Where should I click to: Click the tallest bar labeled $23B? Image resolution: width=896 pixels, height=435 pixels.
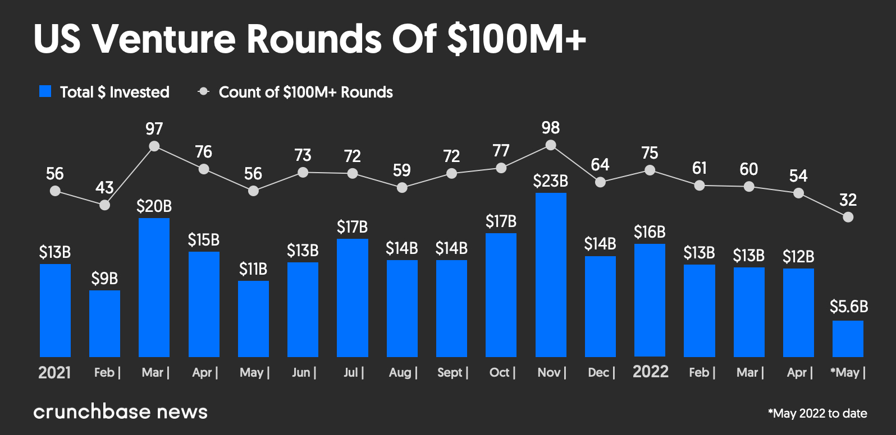click(x=551, y=275)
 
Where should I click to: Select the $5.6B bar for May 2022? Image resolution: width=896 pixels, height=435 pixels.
click(x=848, y=339)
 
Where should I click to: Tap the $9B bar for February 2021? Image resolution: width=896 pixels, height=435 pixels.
click(x=104, y=323)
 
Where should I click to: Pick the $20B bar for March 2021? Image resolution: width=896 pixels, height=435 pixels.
click(x=154, y=287)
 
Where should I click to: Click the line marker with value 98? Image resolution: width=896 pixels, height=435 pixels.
click(x=551, y=145)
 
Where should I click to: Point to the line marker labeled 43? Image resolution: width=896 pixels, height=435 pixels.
click(x=104, y=205)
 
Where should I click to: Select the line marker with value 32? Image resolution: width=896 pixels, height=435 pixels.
click(x=848, y=217)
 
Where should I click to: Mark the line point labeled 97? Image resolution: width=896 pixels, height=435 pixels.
click(x=154, y=146)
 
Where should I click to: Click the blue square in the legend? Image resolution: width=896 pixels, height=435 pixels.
click(x=45, y=91)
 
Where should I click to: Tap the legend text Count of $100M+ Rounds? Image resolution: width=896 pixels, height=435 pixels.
click(x=305, y=92)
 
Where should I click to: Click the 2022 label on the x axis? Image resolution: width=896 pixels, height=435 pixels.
click(x=650, y=372)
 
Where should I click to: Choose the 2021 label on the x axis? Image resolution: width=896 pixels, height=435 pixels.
click(x=54, y=373)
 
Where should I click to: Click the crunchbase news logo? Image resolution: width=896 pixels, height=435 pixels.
click(x=120, y=412)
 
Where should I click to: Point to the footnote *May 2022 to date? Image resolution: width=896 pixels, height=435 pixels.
click(x=817, y=414)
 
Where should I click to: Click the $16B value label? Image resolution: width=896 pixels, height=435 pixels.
click(x=650, y=232)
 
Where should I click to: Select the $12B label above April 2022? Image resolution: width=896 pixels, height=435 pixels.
click(x=798, y=257)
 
